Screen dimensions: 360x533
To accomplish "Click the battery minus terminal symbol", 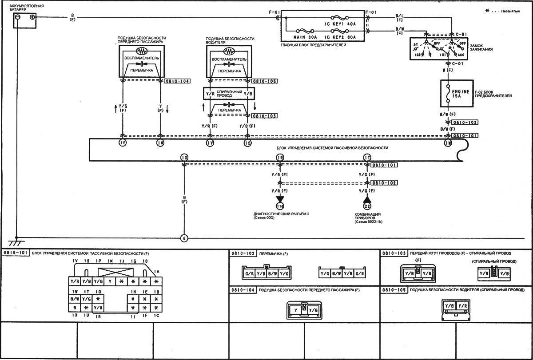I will (17, 17).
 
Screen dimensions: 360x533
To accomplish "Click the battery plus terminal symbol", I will (32, 17).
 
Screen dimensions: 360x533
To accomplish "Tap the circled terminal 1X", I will (184, 157).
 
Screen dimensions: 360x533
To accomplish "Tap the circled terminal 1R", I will (279, 157).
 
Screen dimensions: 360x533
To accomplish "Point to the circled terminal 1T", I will (367, 157).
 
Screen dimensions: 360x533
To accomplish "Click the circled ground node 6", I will (184, 238).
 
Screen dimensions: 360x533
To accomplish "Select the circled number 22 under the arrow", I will (367, 206).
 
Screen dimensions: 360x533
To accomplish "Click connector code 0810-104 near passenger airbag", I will (177, 81).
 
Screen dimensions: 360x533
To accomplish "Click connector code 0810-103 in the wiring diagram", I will (264, 116).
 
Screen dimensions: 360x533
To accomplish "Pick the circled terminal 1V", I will (210, 142).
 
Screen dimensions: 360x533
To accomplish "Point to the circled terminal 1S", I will (247, 142).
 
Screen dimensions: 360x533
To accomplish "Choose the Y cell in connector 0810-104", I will (294, 310).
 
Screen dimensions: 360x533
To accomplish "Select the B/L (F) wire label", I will (399, 18).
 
